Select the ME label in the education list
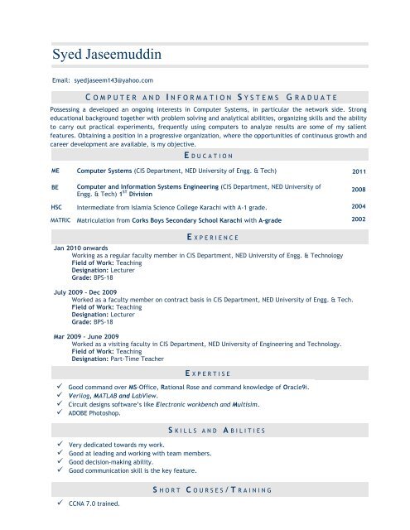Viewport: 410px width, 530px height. (x=55, y=170)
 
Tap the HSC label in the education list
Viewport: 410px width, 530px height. (x=57, y=206)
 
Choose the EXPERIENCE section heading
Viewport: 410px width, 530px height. (x=204, y=238)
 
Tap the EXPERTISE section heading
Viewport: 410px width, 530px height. (x=204, y=374)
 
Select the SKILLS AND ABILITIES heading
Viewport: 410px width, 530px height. (x=204, y=431)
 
